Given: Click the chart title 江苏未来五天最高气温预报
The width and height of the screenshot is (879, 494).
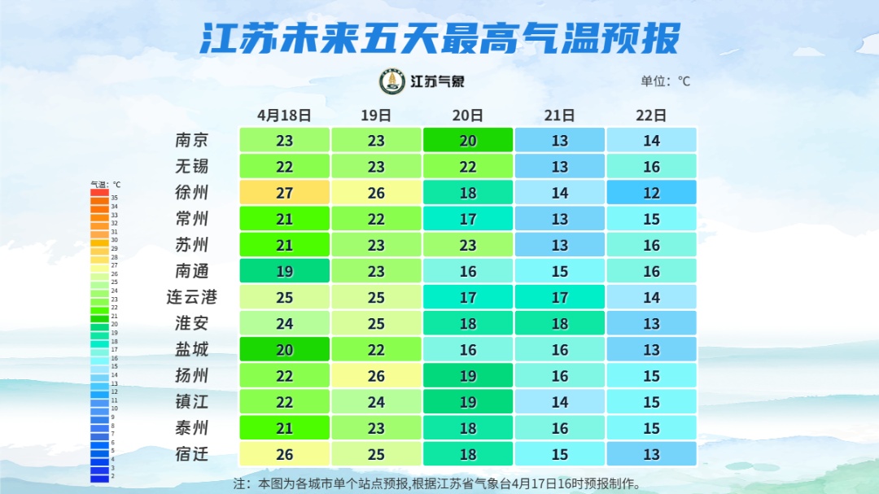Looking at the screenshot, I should tap(439, 38).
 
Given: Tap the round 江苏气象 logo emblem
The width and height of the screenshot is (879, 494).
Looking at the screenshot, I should tap(392, 81).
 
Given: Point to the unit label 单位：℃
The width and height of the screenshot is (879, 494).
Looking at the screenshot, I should tap(665, 81).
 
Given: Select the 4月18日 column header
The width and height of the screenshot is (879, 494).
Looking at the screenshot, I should tap(284, 115).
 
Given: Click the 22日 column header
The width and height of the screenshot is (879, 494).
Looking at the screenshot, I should tap(651, 115).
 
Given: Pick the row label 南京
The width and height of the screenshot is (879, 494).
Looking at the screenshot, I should tap(192, 140).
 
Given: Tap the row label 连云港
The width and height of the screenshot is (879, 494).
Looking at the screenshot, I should tap(192, 297).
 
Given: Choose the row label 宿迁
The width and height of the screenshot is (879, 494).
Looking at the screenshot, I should tap(192, 453).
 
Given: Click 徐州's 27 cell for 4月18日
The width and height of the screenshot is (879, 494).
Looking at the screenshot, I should tap(284, 193).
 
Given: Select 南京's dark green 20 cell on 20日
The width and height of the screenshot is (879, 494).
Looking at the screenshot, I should tap(468, 140).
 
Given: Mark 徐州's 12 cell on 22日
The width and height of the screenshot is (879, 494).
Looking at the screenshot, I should tap(651, 193).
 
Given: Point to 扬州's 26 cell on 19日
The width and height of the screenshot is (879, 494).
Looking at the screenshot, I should tap(376, 375).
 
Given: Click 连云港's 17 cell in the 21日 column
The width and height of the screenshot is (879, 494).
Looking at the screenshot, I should tap(560, 297).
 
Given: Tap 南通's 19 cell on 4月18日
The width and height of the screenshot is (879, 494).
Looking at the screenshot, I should tap(284, 271).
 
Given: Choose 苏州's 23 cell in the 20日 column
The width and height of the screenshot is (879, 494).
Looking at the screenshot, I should tap(468, 245).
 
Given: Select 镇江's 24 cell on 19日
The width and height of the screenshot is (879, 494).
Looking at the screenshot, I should tap(376, 401).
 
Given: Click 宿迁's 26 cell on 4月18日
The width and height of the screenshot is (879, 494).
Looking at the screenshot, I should tap(284, 453).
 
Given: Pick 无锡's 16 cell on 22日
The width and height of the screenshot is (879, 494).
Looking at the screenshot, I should tap(651, 166).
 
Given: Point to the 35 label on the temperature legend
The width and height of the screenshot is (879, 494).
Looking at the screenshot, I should tap(115, 198).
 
